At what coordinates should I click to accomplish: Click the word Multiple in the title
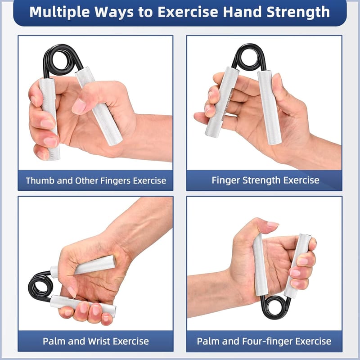(59, 12)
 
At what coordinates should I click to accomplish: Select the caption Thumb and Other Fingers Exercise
(96, 180)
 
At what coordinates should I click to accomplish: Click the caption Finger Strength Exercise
(265, 180)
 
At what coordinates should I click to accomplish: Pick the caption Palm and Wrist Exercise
(96, 341)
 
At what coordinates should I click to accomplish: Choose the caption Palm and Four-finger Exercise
(264, 341)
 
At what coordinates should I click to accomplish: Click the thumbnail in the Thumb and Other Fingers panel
(79, 106)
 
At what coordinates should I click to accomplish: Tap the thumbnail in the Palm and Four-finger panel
(273, 224)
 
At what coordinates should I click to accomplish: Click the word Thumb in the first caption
(40, 180)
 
